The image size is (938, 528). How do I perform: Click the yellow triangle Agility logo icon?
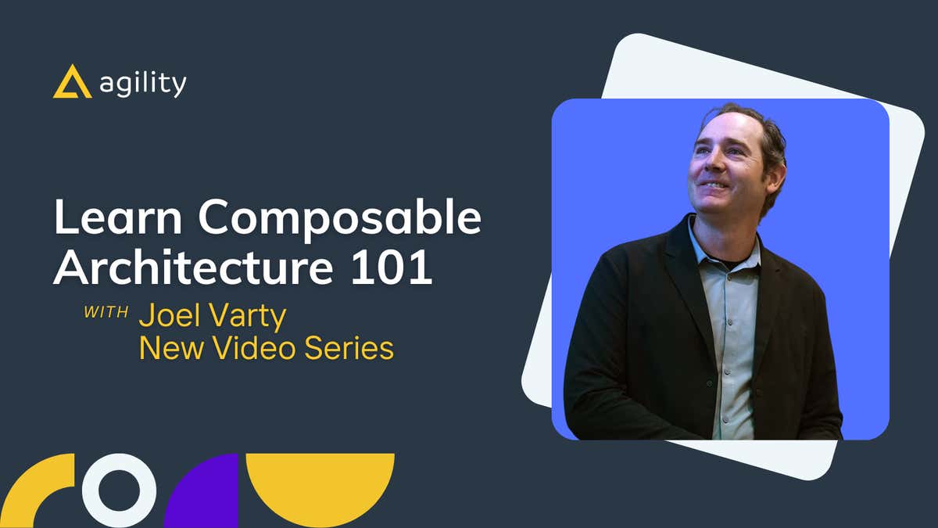73,82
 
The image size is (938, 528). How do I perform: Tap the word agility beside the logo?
143,84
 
